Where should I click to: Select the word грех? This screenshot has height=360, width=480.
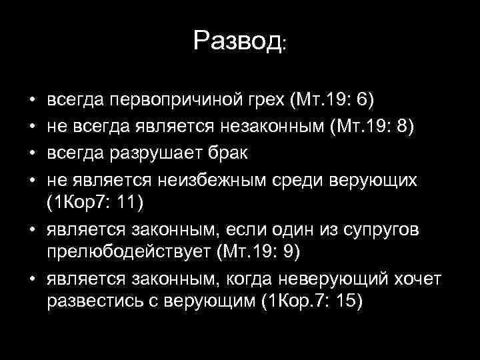coord(266,101)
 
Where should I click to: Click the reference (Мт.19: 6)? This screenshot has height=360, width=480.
coord(332,101)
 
